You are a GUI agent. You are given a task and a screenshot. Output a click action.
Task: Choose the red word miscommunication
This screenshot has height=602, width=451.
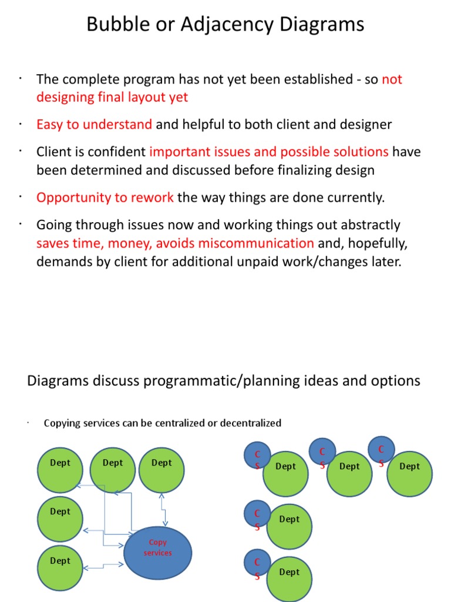256,243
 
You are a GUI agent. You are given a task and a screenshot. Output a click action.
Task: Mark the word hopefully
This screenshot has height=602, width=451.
374,243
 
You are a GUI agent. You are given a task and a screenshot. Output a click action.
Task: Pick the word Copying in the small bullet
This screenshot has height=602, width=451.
61,423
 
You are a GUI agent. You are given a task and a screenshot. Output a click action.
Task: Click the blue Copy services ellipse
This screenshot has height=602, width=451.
158,553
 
